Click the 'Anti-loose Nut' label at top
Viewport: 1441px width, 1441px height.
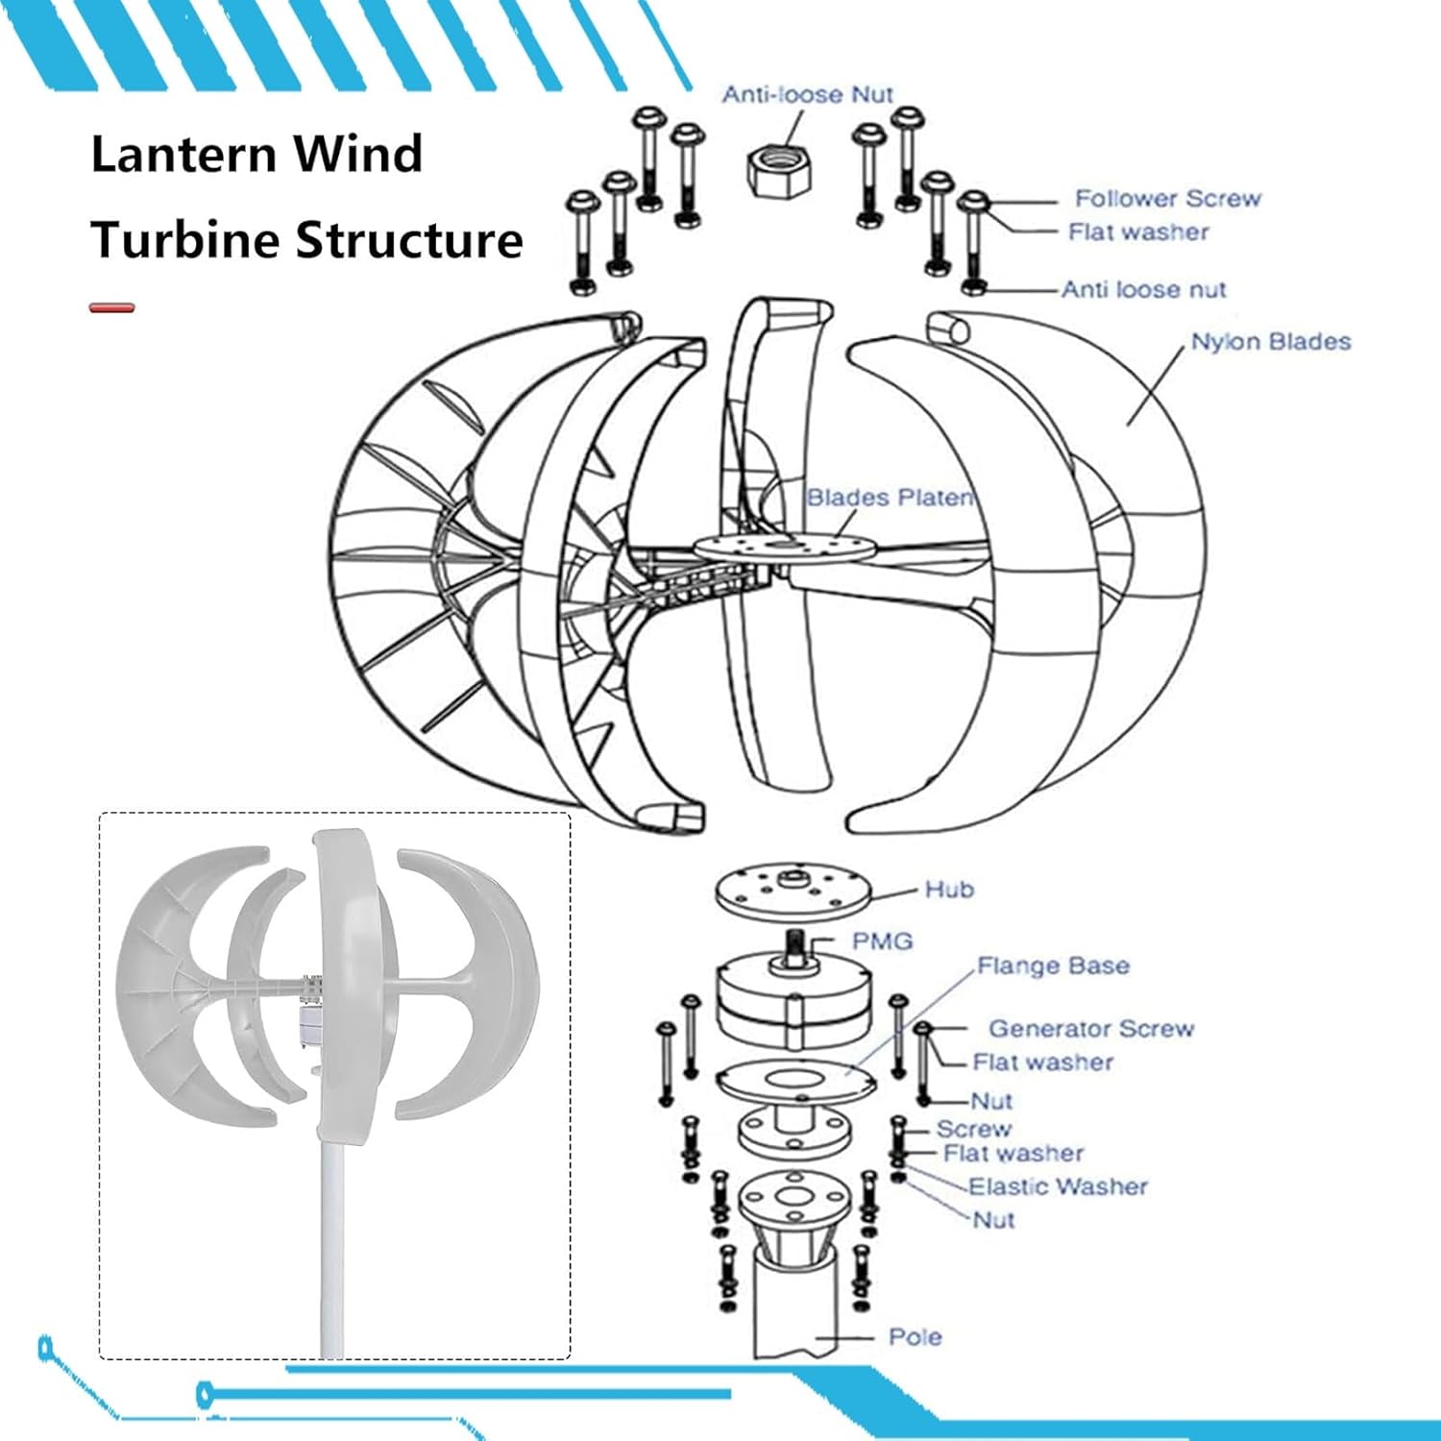pyautogui.click(x=807, y=94)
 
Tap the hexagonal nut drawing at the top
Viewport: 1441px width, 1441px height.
pyautogui.click(x=780, y=171)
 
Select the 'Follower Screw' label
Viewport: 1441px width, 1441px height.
pyautogui.click(x=1167, y=199)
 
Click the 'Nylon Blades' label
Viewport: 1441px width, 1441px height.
pyautogui.click(x=1270, y=342)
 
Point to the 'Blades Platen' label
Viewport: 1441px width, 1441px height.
pyautogui.click(x=890, y=498)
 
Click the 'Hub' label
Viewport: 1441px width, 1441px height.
pyautogui.click(x=949, y=890)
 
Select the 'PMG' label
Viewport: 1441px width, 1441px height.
pyautogui.click(x=882, y=941)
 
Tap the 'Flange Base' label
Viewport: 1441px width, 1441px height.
pyautogui.click(x=1053, y=965)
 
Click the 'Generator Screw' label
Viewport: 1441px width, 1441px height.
pyautogui.click(x=1090, y=1029)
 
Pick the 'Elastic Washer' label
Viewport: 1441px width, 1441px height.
pyautogui.click(x=1058, y=1187)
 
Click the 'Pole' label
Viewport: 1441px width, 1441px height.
pyautogui.click(x=915, y=1337)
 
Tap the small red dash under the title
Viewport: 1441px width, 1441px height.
pyautogui.click(x=111, y=308)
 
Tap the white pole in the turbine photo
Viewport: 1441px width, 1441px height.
pyautogui.click(x=332, y=1249)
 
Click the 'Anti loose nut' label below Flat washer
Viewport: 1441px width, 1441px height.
pyautogui.click(x=1143, y=289)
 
